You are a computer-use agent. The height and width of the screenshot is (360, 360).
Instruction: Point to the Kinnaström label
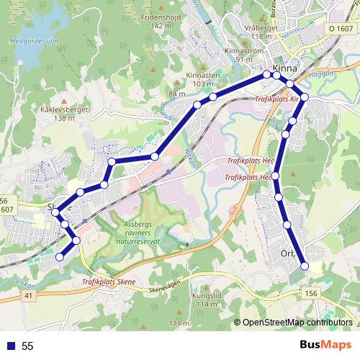[x=243, y=51]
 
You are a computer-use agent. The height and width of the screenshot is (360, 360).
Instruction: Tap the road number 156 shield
[x=311, y=293]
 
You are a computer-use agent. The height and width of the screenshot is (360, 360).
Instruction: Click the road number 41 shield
[x=29, y=295]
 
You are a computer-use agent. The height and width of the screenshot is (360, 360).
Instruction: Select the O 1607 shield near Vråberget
[x=343, y=27]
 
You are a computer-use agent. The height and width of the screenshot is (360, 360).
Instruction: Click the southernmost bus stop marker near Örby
[x=304, y=266]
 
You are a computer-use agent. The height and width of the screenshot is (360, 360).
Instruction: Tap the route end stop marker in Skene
[x=58, y=256]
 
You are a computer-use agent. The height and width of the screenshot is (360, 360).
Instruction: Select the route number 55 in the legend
[x=27, y=346]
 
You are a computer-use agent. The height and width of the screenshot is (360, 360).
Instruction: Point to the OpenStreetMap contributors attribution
[x=296, y=323]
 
